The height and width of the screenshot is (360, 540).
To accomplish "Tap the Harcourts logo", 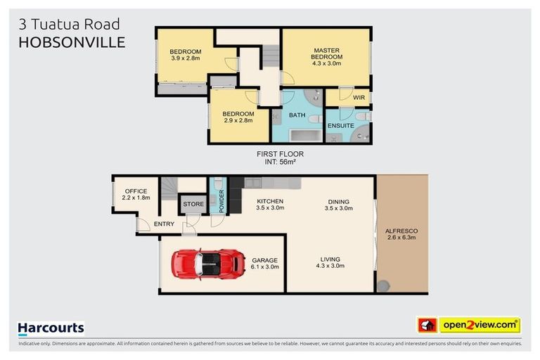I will click(x=51, y=328).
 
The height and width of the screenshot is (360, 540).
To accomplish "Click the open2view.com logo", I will click(x=479, y=326).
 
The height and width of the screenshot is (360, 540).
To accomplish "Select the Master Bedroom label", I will click(x=326, y=56).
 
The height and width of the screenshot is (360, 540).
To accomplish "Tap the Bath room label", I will click(x=297, y=115).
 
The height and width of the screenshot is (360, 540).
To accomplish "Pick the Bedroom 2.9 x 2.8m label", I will click(x=238, y=117).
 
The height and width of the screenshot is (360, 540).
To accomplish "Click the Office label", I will click(x=135, y=195).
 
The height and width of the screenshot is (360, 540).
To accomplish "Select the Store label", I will click(x=193, y=204).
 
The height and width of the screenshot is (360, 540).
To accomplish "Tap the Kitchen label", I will click(x=269, y=205).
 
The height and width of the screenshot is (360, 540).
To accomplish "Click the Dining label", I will click(x=337, y=205).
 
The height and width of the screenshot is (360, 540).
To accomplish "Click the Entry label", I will click(x=164, y=224).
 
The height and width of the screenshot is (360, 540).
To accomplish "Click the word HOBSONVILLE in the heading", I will click(x=72, y=42).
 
